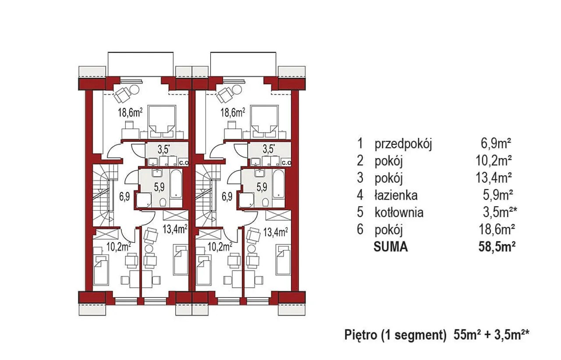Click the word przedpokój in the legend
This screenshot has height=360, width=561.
point(403,144)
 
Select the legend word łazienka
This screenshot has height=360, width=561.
point(396,195)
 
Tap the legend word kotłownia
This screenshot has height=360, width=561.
point(399,212)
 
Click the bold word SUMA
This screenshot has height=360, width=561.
point(391,247)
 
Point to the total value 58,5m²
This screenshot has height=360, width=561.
point(497,247)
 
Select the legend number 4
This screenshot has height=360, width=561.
point(360,195)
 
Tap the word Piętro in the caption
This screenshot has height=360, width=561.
point(361,335)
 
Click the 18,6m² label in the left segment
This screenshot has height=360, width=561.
point(130,113)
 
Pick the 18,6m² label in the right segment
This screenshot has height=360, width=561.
point(233,113)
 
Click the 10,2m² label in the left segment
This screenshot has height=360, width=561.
point(118,247)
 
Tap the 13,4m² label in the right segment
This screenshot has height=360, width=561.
point(276,232)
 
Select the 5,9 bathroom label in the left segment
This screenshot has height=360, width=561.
point(159,187)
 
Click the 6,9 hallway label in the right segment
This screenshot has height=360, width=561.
point(227,197)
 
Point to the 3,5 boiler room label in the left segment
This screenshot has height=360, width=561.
point(163,150)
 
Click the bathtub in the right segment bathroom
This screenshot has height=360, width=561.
point(278,184)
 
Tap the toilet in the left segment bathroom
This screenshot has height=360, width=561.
point(163,202)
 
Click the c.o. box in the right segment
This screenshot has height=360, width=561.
point(287,163)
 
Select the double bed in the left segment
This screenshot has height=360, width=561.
point(162,122)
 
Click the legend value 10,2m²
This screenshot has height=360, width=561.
point(494,161)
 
